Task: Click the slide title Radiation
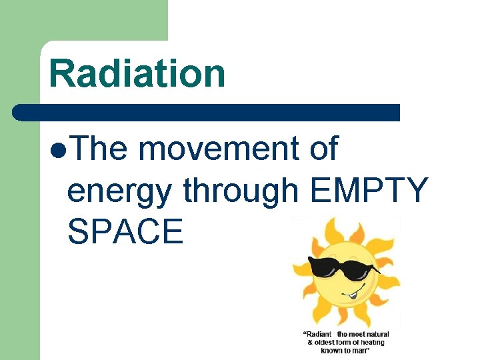coord(137,73)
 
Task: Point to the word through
coord(240,192)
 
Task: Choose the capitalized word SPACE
coord(125,231)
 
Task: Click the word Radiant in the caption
coord(318,334)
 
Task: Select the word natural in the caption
coord(376,334)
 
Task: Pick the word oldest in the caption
coord(327,343)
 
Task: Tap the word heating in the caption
coord(371,343)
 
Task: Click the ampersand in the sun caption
coord(309,343)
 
